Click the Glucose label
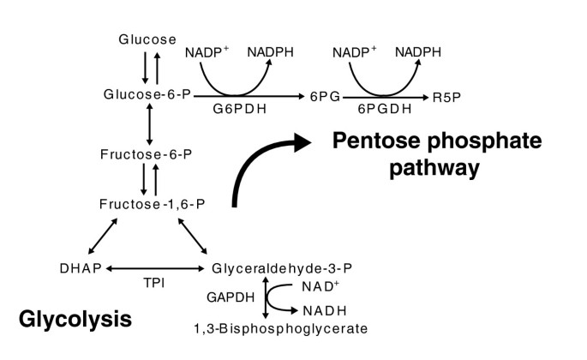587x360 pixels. pyautogui.click(x=147, y=39)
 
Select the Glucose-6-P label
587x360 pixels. pyautogui.click(x=147, y=94)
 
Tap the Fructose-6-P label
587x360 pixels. pyautogui.click(x=146, y=154)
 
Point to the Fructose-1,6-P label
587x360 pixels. pyautogui.click(x=152, y=204)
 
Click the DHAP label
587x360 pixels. pyautogui.click(x=81, y=268)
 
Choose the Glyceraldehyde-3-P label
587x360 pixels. pyautogui.click(x=282, y=268)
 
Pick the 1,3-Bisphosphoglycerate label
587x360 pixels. pyautogui.click(x=281, y=328)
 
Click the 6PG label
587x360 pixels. pyautogui.click(x=325, y=97)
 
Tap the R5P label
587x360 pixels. pyautogui.click(x=446, y=98)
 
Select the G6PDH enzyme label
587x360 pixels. pyautogui.click(x=240, y=109)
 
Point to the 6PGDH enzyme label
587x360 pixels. pyautogui.click(x=385, y=109)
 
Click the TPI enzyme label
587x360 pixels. pyautogui.click(x=154, y=283)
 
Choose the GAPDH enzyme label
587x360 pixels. pyautogui.click(x=231, y=297)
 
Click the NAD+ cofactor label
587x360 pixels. pyautogui.click(x=320, y=286)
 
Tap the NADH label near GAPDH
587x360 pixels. pyautogui.click(x=325, y=310)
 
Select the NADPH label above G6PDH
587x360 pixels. pyautogui.click(x=270, y=52)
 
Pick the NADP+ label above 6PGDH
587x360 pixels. pyautogui.click(x=354, y=52)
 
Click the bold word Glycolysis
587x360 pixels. pyautogui.click(x=75, y=319)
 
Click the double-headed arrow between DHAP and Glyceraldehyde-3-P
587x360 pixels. pyautogui.click(x=155, y=268)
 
